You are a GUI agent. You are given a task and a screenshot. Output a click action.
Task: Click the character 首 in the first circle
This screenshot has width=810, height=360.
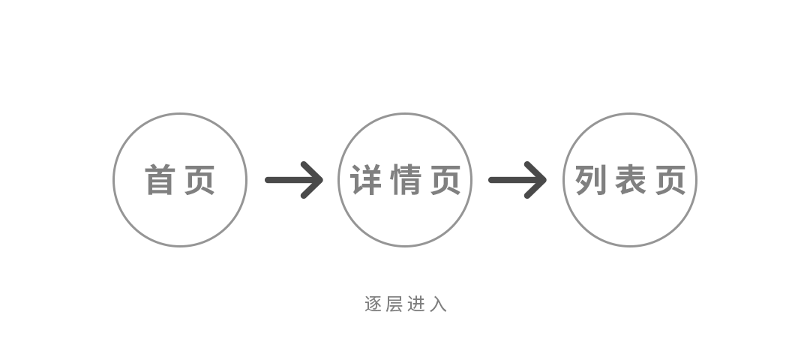(159, 181)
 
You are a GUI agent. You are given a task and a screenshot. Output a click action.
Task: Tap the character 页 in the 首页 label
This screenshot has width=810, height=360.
(200, 181)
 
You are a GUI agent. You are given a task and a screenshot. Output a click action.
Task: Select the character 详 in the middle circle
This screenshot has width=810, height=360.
(365, 181)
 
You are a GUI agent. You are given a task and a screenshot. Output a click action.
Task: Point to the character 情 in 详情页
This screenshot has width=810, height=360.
(405, 181)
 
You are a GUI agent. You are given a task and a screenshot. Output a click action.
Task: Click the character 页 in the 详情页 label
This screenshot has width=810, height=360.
(445, 181)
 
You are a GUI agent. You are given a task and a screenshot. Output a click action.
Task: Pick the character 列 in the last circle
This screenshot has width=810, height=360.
(590, 181)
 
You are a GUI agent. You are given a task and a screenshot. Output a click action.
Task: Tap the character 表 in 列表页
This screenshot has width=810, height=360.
(630, 181)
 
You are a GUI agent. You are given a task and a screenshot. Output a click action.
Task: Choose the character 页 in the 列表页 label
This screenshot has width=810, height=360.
(670, 181)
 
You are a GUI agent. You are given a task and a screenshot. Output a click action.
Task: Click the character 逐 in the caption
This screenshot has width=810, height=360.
(373, 304)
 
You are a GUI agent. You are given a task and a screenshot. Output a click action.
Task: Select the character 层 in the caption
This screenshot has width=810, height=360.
(394, 304)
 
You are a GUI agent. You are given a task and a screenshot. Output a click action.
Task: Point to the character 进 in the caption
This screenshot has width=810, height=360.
(417, 304)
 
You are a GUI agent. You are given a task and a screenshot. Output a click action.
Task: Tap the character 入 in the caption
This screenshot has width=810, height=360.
(439, 304)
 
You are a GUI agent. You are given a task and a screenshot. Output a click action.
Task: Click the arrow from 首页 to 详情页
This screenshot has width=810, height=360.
(292, 180)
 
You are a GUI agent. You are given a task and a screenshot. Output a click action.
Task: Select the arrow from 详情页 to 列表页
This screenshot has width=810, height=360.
(516, 180)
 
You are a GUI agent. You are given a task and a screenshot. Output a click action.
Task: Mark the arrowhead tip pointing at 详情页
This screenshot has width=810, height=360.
(320, 180)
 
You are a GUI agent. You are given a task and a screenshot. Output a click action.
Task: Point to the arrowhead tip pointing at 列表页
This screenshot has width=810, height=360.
(544, 180)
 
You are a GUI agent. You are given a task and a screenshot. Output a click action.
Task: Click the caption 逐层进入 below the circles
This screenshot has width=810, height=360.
(406, 304)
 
